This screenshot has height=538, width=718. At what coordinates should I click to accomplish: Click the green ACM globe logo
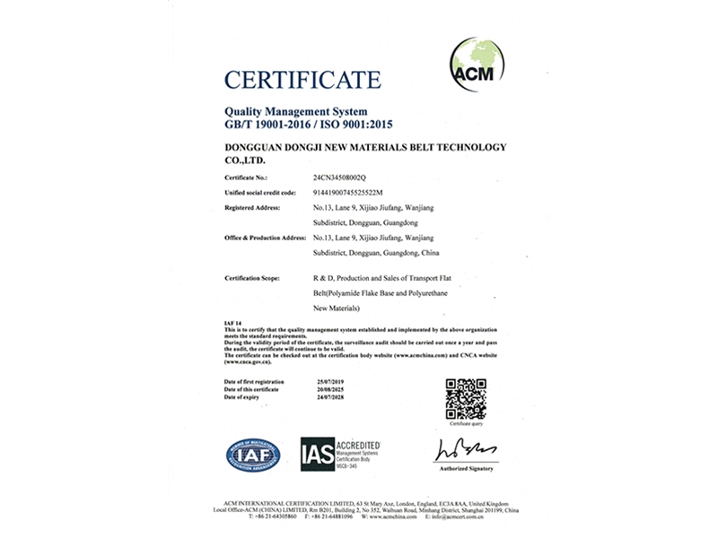point(477,60)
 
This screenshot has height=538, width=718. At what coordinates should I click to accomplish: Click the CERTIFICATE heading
point(302,81)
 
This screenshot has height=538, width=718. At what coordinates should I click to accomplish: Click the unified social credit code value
point(346,193)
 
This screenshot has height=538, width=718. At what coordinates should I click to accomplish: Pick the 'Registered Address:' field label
point(251,207)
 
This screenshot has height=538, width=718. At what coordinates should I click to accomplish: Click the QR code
point(466,399)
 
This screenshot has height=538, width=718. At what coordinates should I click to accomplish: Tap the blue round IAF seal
point(253,454)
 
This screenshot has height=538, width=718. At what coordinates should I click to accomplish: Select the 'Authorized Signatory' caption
point(467,468)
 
